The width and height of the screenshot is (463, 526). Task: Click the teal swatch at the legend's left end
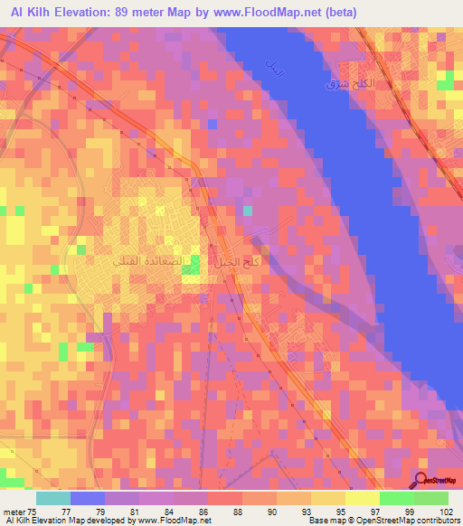(x=53, y=498)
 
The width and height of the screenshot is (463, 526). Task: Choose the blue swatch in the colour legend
(x=88, y=498)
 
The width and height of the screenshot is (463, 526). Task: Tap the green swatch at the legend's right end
(x=430, y=498)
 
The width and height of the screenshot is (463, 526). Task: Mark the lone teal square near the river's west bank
(x=248, y=211)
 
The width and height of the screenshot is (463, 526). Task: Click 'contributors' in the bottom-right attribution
(x=439, y=521)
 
